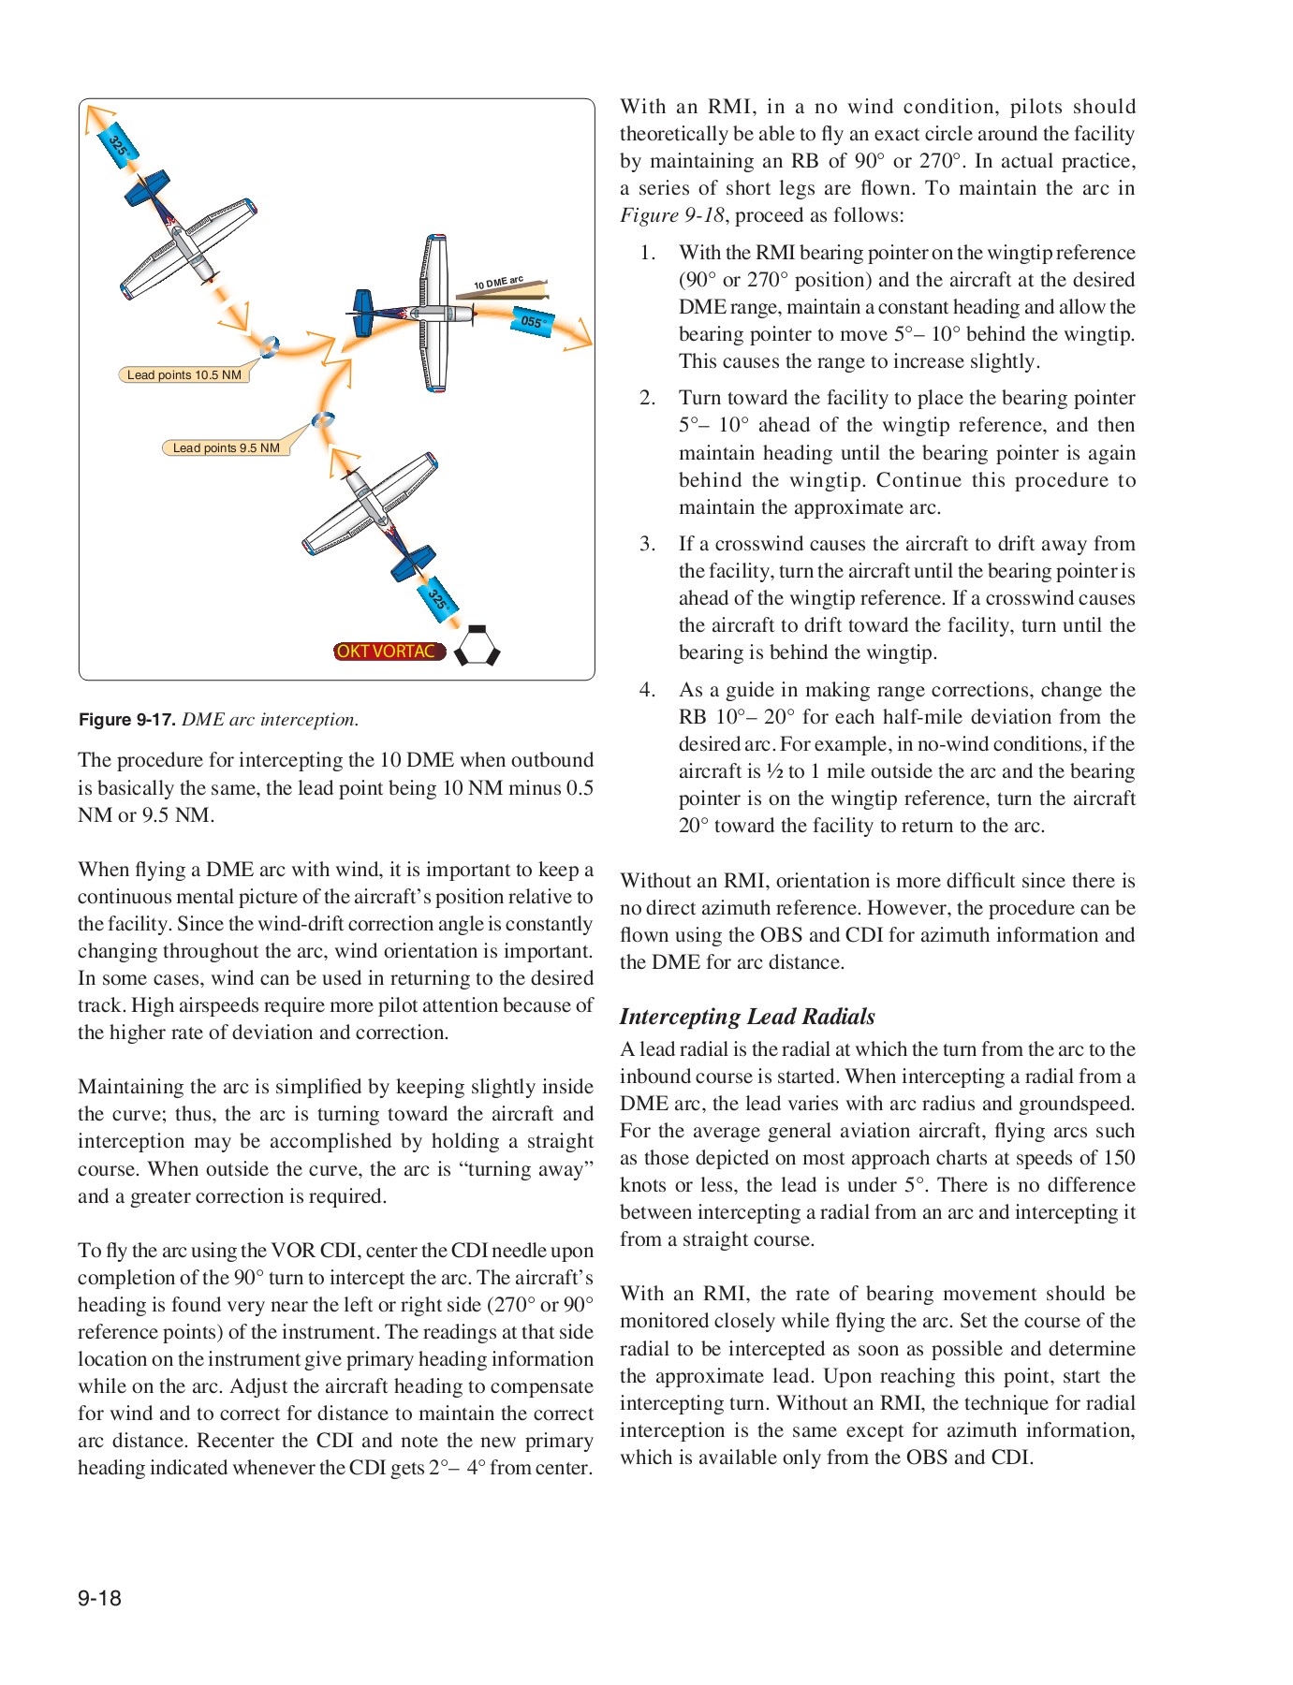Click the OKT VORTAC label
point(388,652)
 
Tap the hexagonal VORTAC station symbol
point(477,646)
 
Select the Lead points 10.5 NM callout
point(184,374)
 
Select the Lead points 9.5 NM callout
point(226,447)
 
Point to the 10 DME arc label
point(498,283)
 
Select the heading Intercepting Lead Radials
point(747,1017)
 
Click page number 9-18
point(99,1598)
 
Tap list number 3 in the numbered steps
point(647,544)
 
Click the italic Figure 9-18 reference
point(671,215)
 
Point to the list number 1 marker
point(647,253)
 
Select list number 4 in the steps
point(647,690)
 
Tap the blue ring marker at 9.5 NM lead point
point(323,420)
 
